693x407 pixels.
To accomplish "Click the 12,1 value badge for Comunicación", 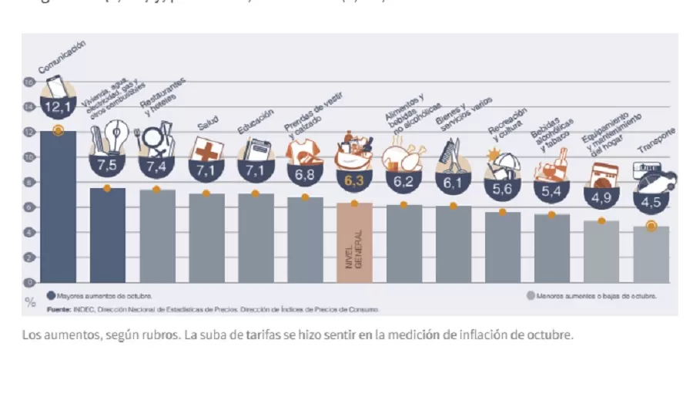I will (58, 106).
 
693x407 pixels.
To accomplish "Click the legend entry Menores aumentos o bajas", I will (591, 295).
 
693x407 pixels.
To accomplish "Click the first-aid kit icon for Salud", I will (206, 150).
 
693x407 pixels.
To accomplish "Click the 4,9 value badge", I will (601, 198).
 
